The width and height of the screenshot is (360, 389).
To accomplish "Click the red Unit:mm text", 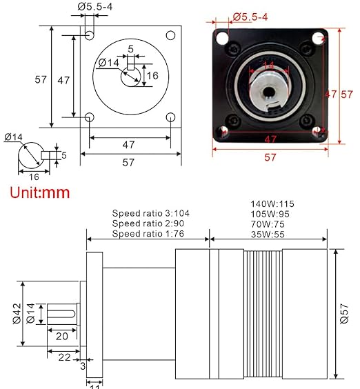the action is tap(40, 192).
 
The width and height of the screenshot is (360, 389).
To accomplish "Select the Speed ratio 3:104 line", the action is tap(150, 213).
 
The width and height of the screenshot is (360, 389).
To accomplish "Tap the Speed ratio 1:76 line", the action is tap(148, 234).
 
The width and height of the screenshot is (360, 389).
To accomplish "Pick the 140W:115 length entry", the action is tap(272, 204).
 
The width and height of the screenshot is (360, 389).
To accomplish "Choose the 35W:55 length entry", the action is tap(268, 235).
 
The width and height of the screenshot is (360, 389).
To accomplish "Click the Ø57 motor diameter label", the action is tap(344, 313).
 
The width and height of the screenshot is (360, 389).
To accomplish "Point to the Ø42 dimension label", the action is tap(17, 313).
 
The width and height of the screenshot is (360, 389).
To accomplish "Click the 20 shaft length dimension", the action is tap(62, 337).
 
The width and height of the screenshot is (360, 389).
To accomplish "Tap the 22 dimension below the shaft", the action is tap(65, 357).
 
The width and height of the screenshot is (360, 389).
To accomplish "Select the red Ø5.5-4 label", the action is tap(250, 17).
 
